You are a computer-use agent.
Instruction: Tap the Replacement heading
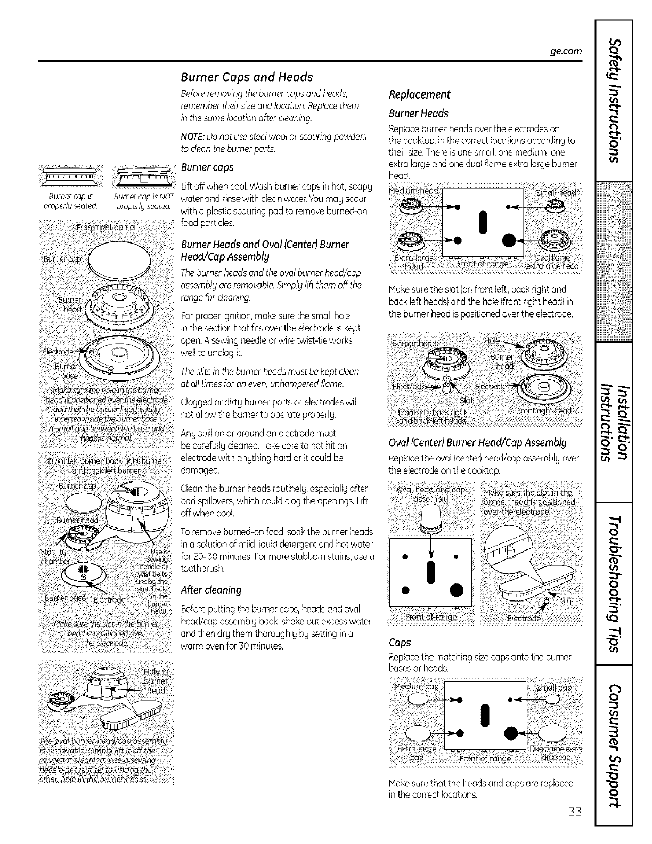point(420,95)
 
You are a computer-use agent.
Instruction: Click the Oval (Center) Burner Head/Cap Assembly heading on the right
point(478,442)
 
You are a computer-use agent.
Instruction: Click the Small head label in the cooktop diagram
point(554,192)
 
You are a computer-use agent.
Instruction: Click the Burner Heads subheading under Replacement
point(419,113)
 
